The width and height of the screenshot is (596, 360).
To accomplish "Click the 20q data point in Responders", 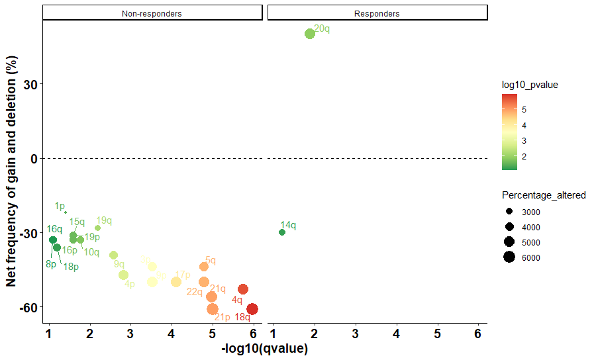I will click(x=309, y=34).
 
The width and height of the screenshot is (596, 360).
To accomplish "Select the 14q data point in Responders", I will click(x=282, y=232).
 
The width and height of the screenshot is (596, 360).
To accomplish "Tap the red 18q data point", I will click(x=252, y=309).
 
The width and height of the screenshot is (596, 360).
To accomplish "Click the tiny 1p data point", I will click(x=65, y=212).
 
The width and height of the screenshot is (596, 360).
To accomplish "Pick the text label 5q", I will click(x=211, y=260).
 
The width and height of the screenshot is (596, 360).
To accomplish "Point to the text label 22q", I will click(x=194, y=292).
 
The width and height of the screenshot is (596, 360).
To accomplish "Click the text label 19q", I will click(x=104, y=220).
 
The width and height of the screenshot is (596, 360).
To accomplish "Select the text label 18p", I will click(x=71, y=267).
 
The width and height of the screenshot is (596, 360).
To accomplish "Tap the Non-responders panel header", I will click(x=152, y=13).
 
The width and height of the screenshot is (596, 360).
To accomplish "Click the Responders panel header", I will click(x=377, y=13).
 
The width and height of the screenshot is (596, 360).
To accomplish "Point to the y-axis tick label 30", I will click(x=30, y=84).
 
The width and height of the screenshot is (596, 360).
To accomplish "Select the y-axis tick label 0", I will click(x=34, y=159).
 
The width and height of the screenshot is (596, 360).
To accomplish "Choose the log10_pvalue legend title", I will click(x=530, y=85).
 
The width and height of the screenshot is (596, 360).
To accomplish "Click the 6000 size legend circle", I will click(x=509, y=257).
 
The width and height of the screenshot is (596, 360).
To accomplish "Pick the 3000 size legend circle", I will click(x=509, y=212).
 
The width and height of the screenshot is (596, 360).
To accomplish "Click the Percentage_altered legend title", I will click(x=544, y=195).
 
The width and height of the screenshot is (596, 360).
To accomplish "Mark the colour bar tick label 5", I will click(x=524, y=109).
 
